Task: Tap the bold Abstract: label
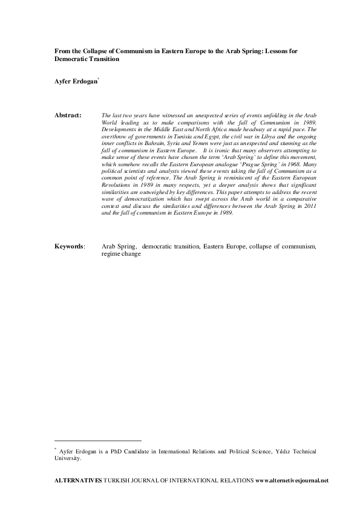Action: point(68,114)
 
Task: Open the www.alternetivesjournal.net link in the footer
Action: point(292,481)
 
